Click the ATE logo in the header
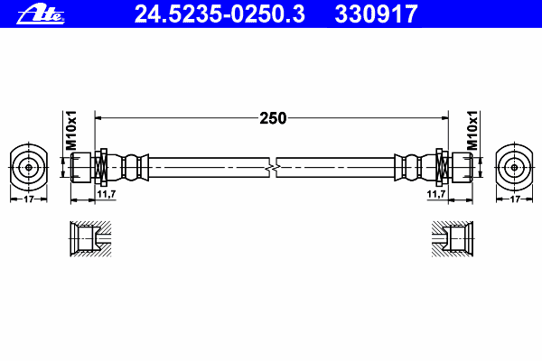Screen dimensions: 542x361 [41, 14]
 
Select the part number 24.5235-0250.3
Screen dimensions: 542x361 [220, 14]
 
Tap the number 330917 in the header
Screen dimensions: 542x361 [376, 14]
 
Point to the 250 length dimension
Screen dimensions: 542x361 [273, 118]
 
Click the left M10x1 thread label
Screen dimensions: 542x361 [71, 131]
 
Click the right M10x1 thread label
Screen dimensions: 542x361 [472, 131]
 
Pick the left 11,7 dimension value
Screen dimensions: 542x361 [106, 194]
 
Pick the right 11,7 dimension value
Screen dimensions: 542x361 [436, 194]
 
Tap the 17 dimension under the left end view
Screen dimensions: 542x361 [29, 199]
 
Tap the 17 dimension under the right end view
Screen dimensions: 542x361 [515, 199]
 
